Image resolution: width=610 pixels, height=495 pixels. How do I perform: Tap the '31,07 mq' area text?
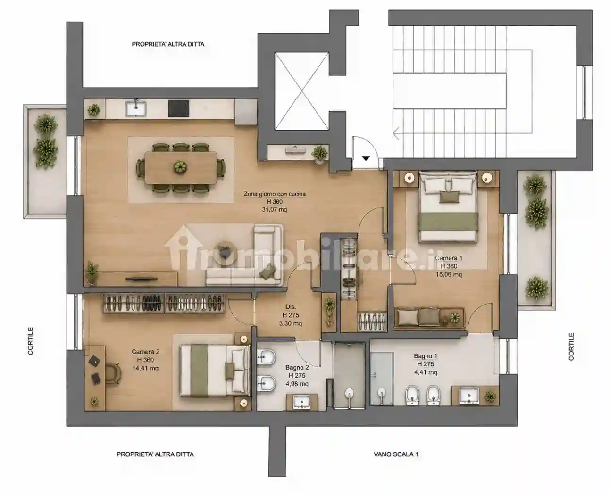275,209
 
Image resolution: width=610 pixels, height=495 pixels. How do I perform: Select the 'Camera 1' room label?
449,258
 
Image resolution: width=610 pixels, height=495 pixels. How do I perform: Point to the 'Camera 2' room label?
145,352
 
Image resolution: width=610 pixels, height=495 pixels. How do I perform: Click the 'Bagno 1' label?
426,356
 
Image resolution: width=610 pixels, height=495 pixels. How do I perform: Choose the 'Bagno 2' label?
297,367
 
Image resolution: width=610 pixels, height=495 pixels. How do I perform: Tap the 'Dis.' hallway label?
291,307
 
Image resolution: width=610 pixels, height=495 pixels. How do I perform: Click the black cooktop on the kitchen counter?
178,108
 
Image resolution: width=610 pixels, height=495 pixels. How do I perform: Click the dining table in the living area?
180,168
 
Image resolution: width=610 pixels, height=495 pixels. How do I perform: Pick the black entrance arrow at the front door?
366,158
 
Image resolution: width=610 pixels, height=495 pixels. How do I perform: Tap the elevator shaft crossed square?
301,91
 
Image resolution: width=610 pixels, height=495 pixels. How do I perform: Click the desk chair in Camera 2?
113,373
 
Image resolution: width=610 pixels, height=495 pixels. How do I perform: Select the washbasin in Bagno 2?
302,402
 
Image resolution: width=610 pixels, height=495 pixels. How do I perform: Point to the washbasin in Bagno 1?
469,396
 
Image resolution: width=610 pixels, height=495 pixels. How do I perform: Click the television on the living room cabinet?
142,278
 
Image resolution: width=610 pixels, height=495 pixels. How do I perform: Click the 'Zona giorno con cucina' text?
275,194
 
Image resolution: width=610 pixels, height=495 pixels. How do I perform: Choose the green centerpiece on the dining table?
180,167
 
